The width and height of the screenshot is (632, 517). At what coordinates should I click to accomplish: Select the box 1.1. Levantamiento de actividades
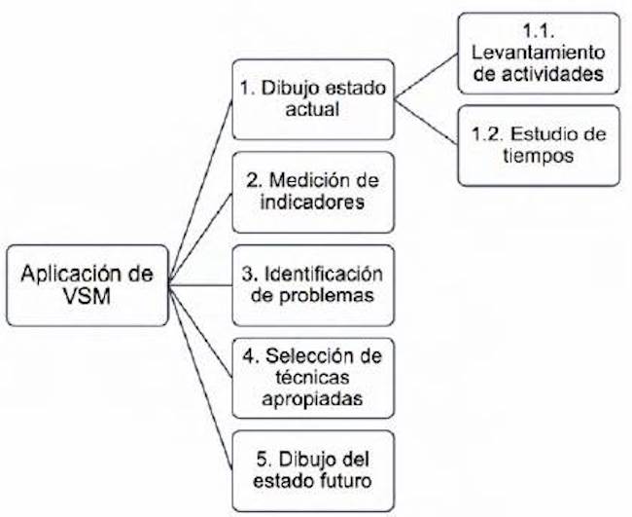pyautogui.click(x=538, y=53)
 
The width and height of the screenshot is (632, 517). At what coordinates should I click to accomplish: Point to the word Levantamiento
pyautogui.click(x=538, y=53)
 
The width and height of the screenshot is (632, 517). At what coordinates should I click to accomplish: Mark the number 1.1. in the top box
pyautogui.click(x=538, y=30)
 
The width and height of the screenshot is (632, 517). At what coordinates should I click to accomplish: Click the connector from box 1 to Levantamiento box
pyautogui.click(x=425, y=77)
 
